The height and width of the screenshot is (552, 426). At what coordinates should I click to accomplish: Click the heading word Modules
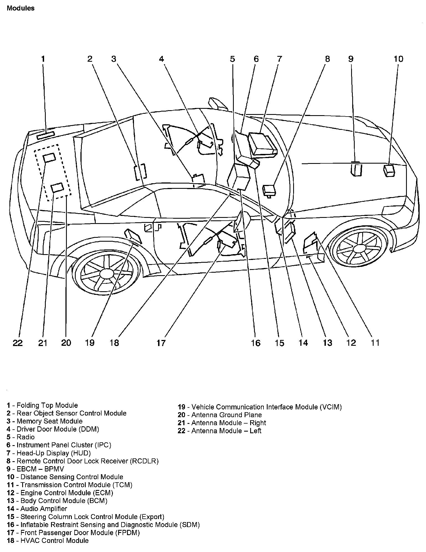21,8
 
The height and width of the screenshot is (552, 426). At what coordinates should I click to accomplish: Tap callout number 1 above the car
43,59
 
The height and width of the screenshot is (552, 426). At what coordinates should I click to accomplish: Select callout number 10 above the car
398,59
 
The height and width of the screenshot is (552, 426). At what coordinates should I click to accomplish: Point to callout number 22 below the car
18,343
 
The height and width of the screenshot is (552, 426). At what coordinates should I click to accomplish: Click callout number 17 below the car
161,343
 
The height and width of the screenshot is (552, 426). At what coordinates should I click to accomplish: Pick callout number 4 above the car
161,59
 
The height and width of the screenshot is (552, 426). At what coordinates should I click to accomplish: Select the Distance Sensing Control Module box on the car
389,170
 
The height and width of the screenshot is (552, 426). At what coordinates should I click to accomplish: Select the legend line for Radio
21,437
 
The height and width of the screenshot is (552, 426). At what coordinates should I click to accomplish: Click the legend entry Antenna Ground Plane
220,415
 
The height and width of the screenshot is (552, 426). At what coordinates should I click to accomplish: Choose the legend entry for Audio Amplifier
37,509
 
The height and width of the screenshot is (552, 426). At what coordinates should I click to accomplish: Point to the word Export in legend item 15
152,517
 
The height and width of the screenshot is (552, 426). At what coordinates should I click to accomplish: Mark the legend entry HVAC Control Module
48,540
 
